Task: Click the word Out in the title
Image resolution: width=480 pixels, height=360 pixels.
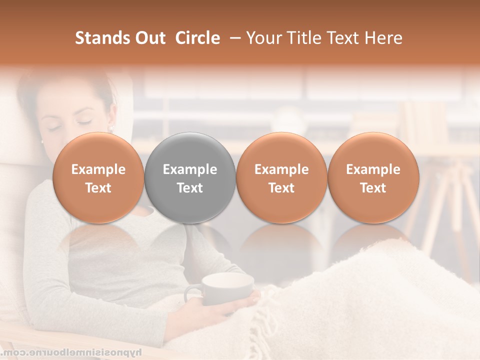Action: [148, 38]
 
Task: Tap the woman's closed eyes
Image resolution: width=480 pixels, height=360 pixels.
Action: [70, 125]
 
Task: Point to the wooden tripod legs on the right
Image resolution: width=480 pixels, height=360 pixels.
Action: [450, 210]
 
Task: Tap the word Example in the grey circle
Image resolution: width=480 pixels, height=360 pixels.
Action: [190, 169]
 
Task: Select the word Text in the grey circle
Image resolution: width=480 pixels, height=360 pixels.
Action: [190, 188]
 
